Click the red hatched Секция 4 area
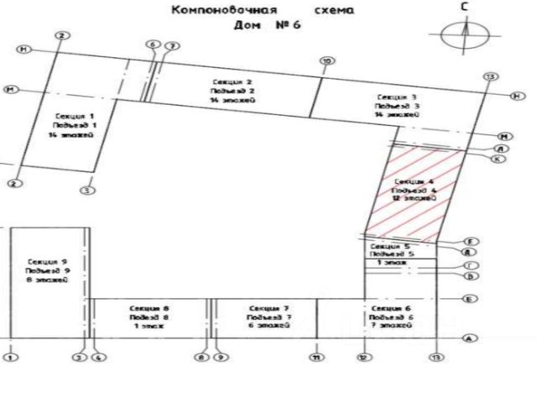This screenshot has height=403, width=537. point(414,191)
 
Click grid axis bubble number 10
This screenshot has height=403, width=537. point(327,60)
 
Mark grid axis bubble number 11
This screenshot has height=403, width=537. point(316,359)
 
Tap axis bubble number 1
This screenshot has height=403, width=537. point(10,359)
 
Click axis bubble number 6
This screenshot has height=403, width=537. point(152,44)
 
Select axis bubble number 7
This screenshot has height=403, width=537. point(172,44)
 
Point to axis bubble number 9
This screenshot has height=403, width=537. point(221,359)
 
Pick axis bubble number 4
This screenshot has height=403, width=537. point(98,359)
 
